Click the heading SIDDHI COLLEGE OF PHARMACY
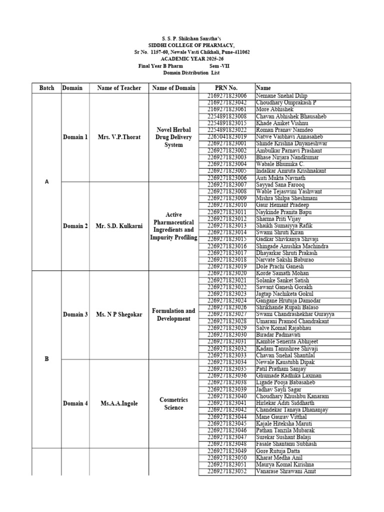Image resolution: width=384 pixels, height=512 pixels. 192,45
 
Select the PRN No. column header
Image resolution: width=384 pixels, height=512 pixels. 226,88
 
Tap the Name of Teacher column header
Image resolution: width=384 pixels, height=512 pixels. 119,88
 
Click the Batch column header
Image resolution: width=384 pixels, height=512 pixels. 46,88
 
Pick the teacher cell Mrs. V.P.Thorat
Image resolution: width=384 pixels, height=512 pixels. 119,137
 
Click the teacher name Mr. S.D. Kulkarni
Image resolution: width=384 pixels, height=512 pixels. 119,226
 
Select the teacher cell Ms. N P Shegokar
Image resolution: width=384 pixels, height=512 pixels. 119,314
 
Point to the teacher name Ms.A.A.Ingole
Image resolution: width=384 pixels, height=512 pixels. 119,403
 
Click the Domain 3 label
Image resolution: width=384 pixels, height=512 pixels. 75,314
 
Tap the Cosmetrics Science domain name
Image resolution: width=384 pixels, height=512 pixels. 173,403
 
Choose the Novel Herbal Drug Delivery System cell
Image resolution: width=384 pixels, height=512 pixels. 173,137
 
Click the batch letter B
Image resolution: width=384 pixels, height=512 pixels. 46,358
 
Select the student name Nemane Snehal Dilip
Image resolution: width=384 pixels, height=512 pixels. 281,95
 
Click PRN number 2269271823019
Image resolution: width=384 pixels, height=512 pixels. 226,266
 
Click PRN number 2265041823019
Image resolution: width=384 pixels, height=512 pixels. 226,136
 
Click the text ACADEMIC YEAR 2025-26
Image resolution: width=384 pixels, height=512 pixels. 192,58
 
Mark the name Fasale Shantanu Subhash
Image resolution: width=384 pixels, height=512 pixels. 285,444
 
